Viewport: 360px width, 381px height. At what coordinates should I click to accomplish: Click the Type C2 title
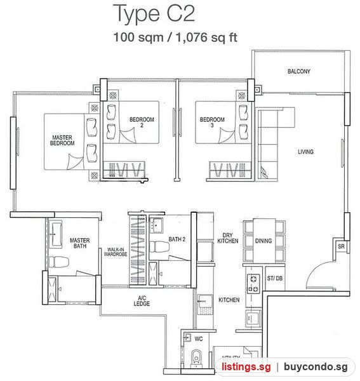click(x=154, y=14)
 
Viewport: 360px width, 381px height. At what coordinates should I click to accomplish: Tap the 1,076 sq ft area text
click(x=206, y=37)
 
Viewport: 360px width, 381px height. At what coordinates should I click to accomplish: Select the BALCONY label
click(x=299, y=71)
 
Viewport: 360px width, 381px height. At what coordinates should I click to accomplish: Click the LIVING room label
click(x=305, y=152)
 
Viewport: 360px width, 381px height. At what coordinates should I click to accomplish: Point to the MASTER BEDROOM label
click(x=62, y=140)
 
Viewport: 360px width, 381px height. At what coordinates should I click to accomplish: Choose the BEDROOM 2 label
click(x=142, y=122)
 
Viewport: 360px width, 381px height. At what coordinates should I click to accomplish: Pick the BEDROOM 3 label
click(x=212, y=122)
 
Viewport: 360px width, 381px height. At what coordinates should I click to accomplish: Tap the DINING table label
click(x=263, y=241)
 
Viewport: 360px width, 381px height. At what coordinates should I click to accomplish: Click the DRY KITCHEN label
click(x=227, y=238)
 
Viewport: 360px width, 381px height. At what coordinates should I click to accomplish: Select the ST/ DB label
click(x=275, y=278)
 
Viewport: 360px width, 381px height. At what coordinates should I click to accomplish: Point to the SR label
click(x=341, y=246)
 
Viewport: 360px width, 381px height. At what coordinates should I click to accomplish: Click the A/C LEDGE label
click(x=142, y=301)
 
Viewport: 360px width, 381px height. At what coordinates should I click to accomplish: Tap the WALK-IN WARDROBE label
click(x=116, y=252)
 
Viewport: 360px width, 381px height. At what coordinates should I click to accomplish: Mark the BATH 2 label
click(x=177, y=239)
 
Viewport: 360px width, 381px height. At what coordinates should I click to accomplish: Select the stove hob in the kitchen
click(x=253, y=283)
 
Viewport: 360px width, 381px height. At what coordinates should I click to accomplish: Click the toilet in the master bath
click(x=59, y=262)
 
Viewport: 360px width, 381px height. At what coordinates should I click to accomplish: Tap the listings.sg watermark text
click(x=246, y=366)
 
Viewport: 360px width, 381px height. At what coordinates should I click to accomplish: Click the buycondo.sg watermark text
click(x=316, y=366)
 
